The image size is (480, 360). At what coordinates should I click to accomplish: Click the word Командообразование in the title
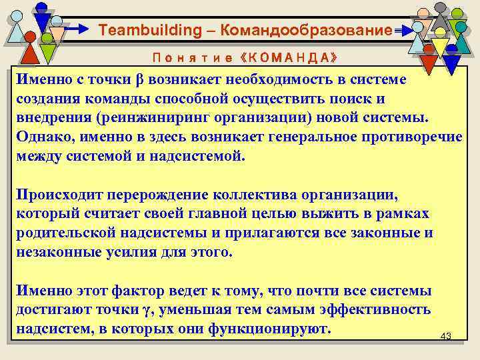pos(305,30)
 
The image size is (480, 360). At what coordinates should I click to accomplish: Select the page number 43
pos(446,336)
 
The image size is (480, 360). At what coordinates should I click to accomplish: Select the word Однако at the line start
pos(44,137)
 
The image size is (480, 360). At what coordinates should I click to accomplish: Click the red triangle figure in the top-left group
pos(31,52)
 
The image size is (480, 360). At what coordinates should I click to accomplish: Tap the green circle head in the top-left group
pos(47,39)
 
